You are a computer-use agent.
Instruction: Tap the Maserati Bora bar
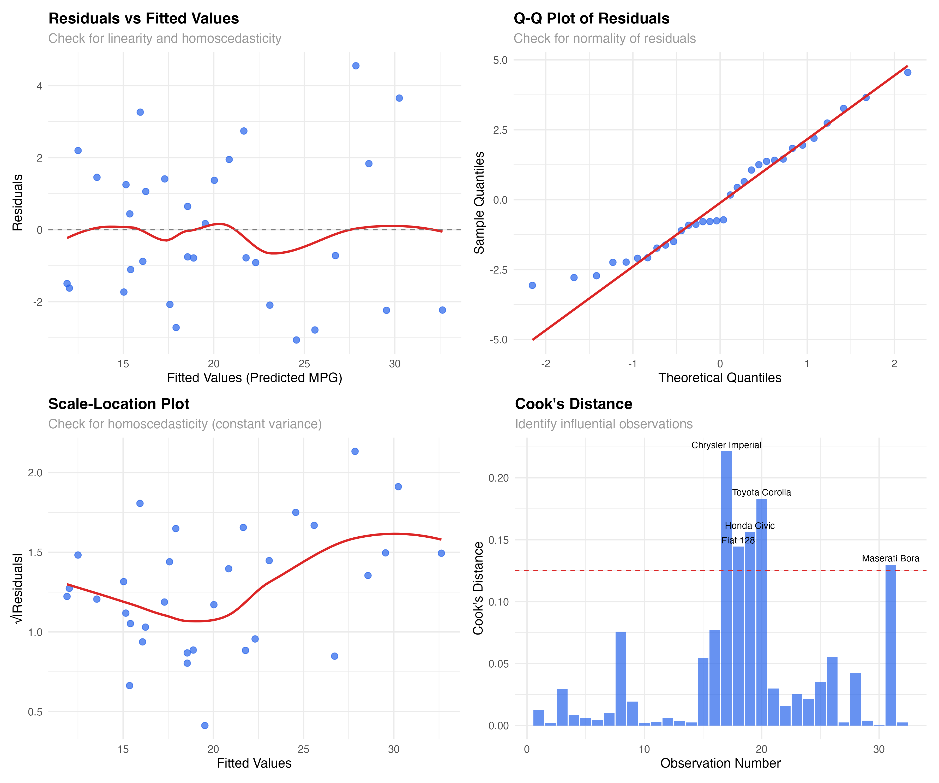(890, 644)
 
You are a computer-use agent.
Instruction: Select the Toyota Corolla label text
(761, 493)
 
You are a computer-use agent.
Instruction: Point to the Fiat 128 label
(738, 541)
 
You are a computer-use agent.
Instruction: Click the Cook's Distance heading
(573, 404)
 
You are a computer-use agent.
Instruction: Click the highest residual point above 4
(356, 66)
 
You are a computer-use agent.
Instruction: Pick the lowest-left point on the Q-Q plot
(532, 286)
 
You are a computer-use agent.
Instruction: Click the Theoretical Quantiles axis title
(719, 378)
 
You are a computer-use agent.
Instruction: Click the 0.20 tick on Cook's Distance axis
(498, 478)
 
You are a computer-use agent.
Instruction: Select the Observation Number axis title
(720, 763)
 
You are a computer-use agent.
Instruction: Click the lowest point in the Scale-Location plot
(205, 725)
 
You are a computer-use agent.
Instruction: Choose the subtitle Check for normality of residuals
(605, 39)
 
